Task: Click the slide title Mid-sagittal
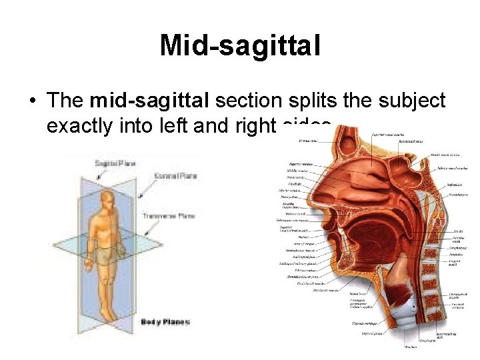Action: [x=240, y=46]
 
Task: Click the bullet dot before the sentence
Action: [x=31, y=101]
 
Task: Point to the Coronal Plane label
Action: [x=175, y=176]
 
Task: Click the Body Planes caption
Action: [x=165, y=322]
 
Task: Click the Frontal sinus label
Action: [x=307, y=141]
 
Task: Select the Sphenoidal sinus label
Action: [x=408, y=142]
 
